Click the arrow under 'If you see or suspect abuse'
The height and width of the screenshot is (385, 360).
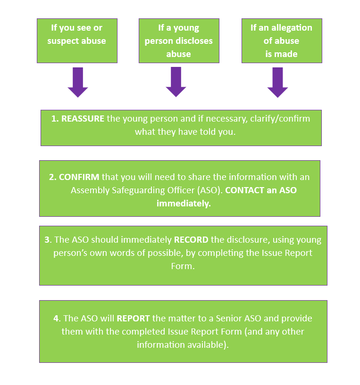click(x=78, y=82)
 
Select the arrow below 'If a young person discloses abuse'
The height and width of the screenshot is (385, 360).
click(x=176, y=82)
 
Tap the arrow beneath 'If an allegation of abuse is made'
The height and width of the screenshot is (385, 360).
click(x=277, y=82)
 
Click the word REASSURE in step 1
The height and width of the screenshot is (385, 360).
click(x=83, y=119)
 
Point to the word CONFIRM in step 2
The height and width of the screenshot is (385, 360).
click(x=79, y=177)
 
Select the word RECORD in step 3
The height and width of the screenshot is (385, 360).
click(x=191, y=240)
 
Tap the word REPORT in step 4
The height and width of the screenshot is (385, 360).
click(x=133, y=318)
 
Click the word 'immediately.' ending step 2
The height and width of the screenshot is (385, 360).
click(x=184, y=204)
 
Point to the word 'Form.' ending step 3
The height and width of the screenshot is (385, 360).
click(x=183, y=266)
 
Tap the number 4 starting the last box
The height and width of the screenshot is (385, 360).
click(x=56, y=318)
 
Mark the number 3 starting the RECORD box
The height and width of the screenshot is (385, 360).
click(x=47, y=240)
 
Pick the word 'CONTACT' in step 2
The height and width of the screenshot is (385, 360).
click(x=245, y=190)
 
